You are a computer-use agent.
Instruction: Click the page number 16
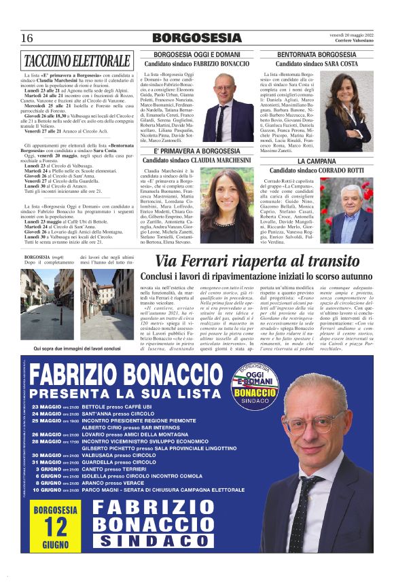[x=27, y=38]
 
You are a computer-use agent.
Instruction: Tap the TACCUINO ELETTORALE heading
[x=75, y=60]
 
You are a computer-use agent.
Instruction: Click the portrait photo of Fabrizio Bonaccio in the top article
[x=243, y=96]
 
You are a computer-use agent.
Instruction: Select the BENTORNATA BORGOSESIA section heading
[x=317, y=54]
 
